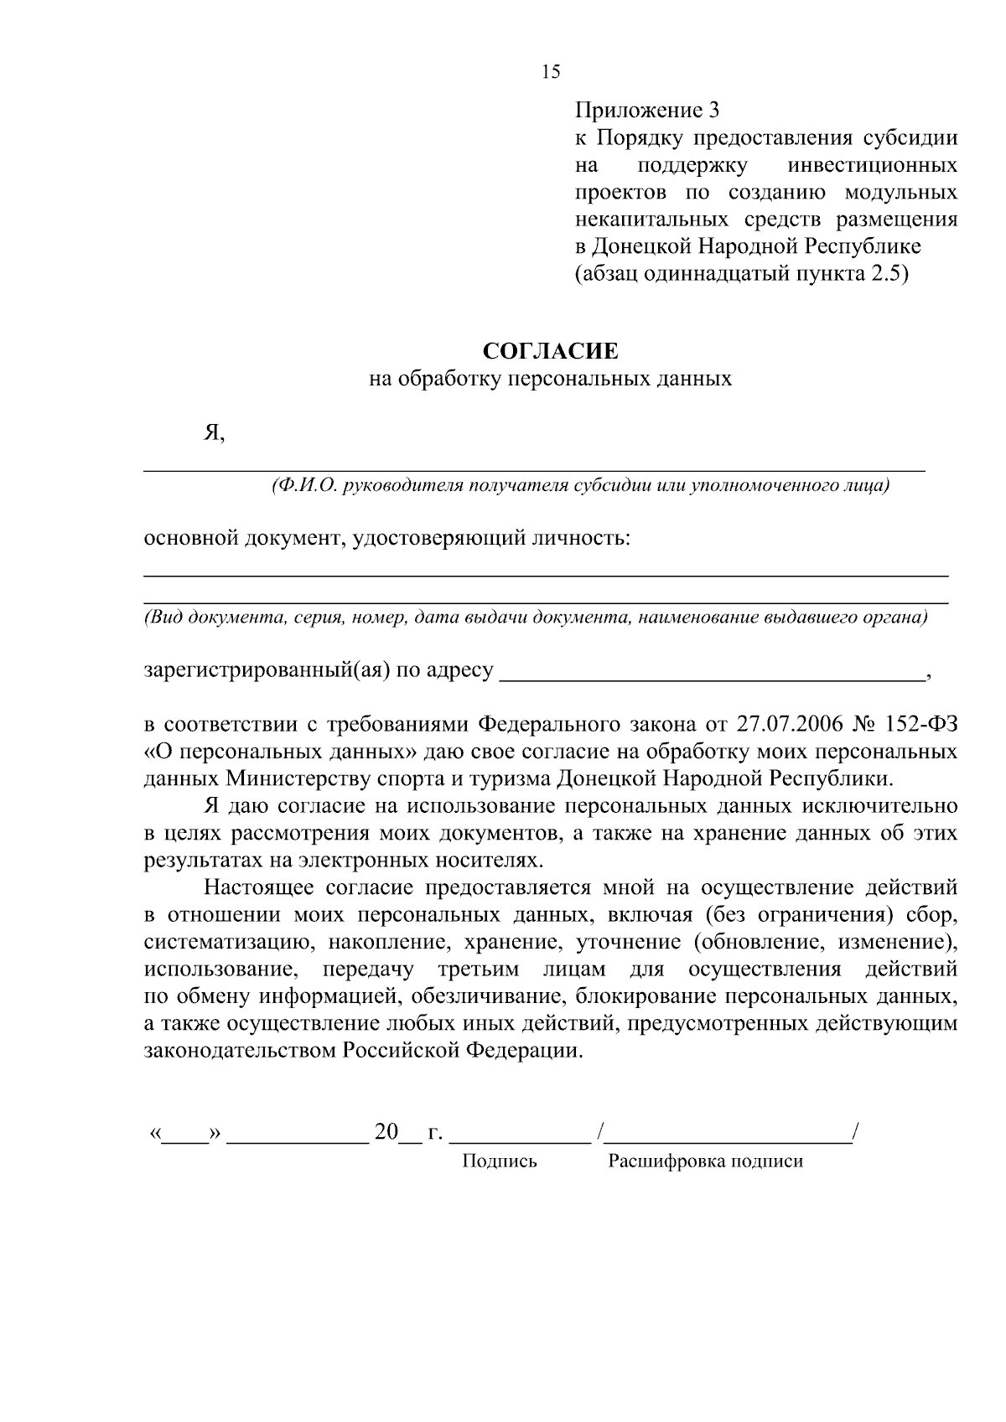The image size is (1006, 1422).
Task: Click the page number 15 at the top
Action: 551,72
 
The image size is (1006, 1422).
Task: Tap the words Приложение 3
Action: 647,110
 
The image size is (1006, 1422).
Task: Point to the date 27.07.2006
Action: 791,723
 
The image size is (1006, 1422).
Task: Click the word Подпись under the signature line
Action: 500,1161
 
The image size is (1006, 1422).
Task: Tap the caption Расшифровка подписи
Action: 705,1161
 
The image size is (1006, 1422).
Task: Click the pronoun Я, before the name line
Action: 215,432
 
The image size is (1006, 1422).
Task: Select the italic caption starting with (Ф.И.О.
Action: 580,486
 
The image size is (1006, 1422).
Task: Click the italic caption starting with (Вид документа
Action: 537,618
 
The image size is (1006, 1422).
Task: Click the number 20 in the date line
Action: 386,1133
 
